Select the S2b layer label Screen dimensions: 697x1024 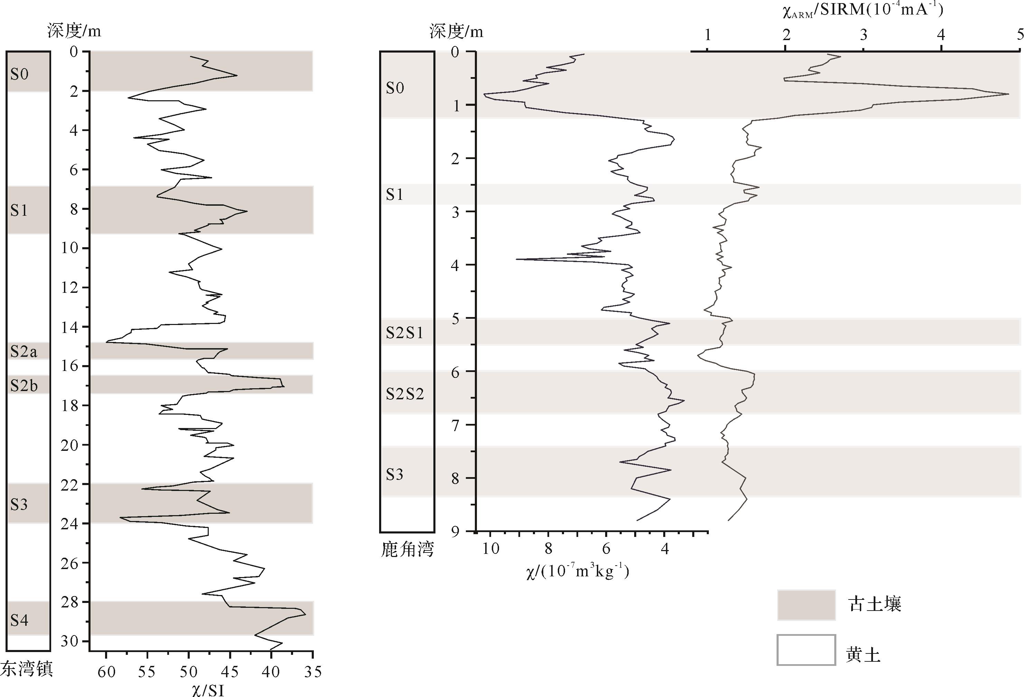[x=24, y=386]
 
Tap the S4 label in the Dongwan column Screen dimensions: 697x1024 [x=19, y=620]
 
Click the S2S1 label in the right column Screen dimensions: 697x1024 [x=404, y=333]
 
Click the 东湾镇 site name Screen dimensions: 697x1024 [x=26, y=669]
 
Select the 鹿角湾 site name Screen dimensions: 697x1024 [x=407, y=549]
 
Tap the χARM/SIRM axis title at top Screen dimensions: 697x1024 [x=863, y=10]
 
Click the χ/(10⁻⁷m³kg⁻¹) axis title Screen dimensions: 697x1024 [x=577, y=572]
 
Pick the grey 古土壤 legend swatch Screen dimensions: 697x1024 [x=806, y=605]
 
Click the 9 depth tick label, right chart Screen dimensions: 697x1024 [x=455, y=532]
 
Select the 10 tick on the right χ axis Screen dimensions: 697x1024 [x=490, y=549]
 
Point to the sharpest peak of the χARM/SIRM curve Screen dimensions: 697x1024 [x=1008, y=94]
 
